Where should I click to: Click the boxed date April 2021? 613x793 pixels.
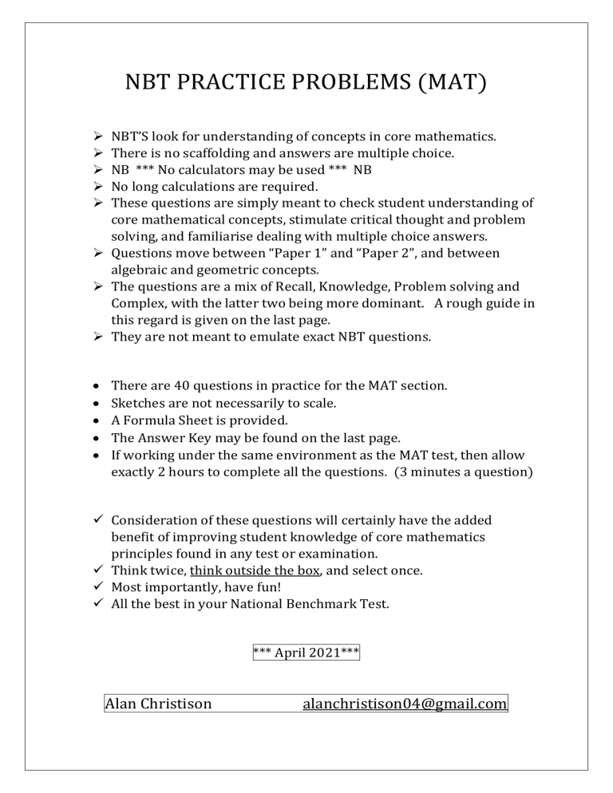click(x=306, y=653)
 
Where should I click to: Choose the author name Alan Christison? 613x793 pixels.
click(x=159, y=703)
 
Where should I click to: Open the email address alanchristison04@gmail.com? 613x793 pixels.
click(x=405, y=703)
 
